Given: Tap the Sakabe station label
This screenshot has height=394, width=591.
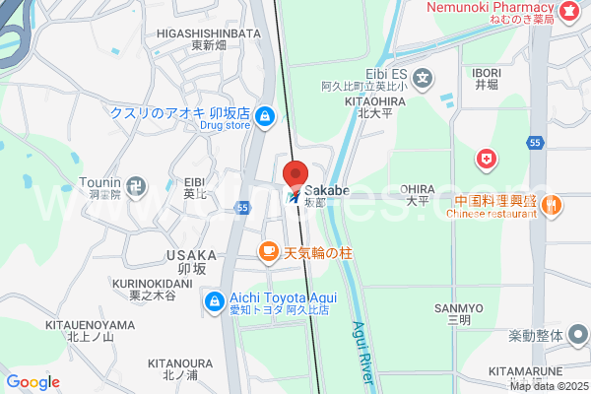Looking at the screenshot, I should click(x=327, y=189).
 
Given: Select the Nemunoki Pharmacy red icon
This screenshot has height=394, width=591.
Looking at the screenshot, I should click(x=568, y=11).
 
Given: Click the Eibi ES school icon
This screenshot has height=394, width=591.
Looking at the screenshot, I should click(x=423, y=77).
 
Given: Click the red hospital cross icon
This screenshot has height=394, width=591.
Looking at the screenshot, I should click(x=486, y=158).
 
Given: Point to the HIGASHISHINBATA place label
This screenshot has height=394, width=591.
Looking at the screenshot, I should click(x=208, y=33).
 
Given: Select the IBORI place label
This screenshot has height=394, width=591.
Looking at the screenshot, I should click(x=487, y=73).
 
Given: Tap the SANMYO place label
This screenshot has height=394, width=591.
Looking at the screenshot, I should click(x=457, y=308).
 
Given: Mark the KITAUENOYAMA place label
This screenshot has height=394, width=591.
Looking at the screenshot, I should click(x=90, y=325).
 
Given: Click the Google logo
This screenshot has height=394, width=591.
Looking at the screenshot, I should click(x=33, y=382).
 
